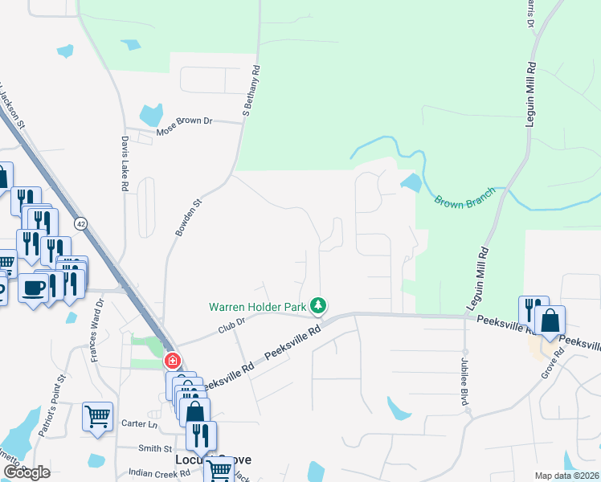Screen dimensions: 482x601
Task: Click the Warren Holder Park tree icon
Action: pos(320,305)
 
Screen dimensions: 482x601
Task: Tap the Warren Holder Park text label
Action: pos(258,307)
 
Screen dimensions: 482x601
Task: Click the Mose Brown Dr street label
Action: pos(184,121)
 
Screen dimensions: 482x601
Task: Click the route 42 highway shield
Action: pos(81,223)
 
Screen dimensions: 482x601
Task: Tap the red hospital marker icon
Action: pos(171,361)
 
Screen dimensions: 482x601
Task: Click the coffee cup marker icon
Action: pos(32,288)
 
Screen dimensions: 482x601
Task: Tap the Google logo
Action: pos(27,472)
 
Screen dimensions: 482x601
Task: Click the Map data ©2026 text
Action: pos(566,476)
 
